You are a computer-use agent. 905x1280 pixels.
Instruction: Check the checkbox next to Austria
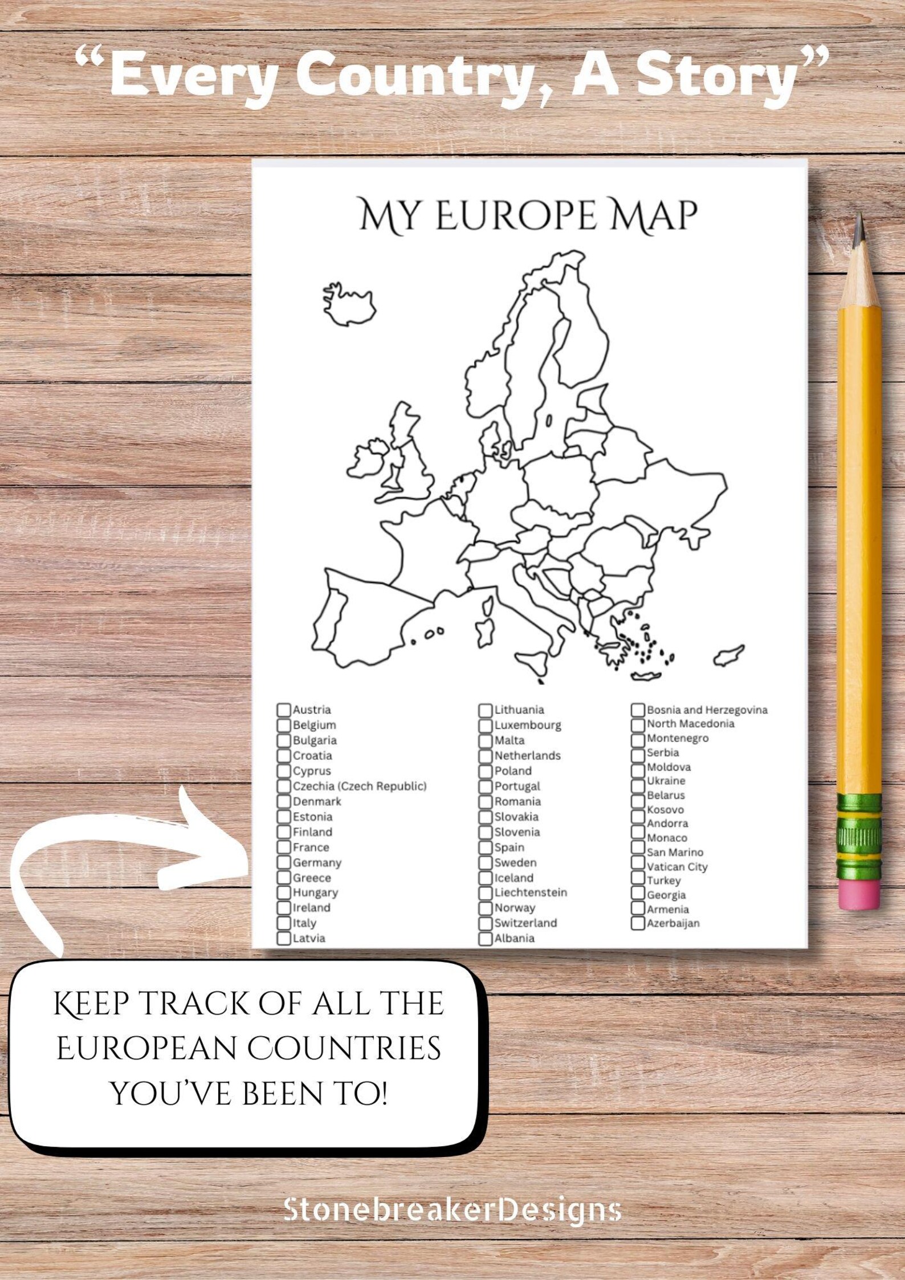click(283, 710)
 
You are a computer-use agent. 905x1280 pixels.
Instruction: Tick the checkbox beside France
click(283, 847)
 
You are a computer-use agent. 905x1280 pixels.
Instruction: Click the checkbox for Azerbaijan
click(638, 923)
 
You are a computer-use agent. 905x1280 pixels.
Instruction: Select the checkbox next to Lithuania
click(485, 710)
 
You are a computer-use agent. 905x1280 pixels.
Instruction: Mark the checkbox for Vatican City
click(638, 866)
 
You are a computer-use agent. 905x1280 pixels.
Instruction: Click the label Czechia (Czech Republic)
click(359, 786)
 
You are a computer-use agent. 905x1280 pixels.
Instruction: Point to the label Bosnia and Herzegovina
click(707, 710)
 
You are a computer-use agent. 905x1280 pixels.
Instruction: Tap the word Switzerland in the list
click(525, 923)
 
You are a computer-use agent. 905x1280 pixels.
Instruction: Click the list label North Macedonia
click(690, 724)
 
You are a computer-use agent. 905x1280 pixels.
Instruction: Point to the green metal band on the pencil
click(859, 835)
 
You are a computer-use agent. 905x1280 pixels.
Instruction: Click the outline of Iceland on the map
click(349, 305)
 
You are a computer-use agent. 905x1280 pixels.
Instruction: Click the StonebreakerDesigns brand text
click(452, 1209)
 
